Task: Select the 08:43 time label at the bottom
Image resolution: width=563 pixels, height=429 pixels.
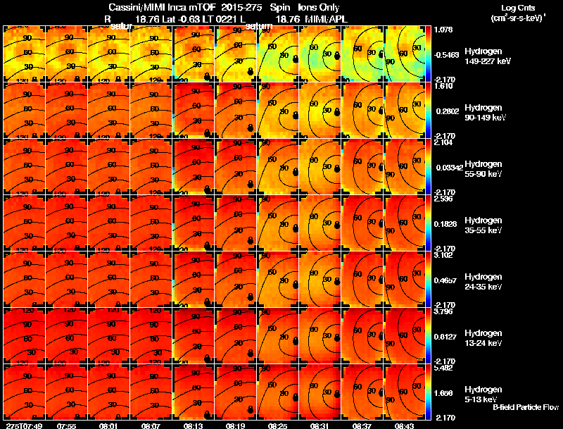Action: [x=404, y=425]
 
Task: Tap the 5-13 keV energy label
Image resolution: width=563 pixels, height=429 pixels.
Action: [x=480, y=399]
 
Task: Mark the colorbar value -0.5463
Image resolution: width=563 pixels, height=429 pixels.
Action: [x=445, y=54]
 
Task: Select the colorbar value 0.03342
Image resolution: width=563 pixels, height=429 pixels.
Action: [x=445, y=167]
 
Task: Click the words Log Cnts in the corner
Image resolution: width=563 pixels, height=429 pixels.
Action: [x=516, y=8]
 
